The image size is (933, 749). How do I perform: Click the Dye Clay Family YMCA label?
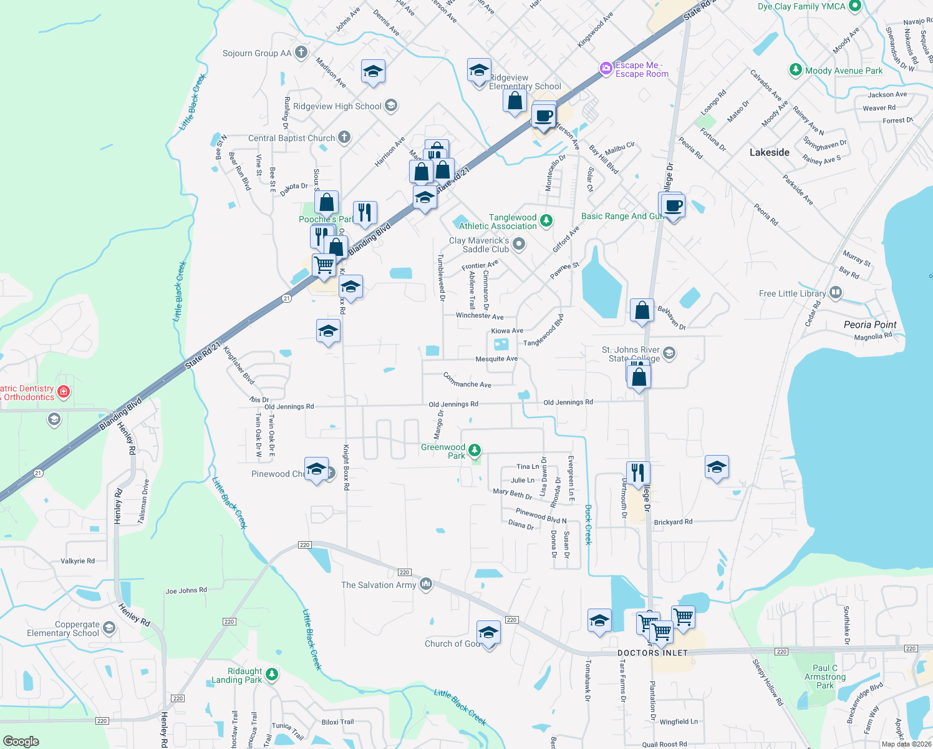click(801, 6)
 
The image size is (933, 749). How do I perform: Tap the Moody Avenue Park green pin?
click(795, 69)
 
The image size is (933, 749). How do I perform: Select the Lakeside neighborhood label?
click(769, 152)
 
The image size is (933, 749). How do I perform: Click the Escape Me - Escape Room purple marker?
click(606, 69)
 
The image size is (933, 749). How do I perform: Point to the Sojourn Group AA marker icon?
click(301, 52)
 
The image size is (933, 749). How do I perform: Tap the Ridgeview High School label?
click(337, 106)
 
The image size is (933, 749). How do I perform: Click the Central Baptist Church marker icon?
click(344, 137)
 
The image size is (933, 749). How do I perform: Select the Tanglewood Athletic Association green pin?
click(546, 220)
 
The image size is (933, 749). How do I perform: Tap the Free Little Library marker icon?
click(836, 293)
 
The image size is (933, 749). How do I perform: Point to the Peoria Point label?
click(869, 325)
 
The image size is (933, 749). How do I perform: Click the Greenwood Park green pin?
click(475, 450)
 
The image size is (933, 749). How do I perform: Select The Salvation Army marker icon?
click(426, 584)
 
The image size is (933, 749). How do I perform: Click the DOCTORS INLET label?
click(652, 653)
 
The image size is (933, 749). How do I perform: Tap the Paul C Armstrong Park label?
click(825, 677)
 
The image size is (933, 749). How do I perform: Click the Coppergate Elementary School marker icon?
click(109, 627)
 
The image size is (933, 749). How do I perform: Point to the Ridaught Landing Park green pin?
click(271, 674)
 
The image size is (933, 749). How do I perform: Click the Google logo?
click(21, 741)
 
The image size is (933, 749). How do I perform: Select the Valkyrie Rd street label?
click(77, 561)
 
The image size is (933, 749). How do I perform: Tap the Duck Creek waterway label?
click(587, 524)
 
